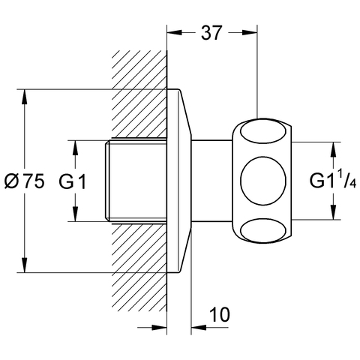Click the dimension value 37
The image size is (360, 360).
(211, 33)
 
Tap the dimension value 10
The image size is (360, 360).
(220, 314)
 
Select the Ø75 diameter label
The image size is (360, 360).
(25, 181)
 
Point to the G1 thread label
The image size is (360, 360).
(73, 181)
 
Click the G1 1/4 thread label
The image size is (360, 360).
(333, 181)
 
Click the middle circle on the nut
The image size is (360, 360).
(263, 181)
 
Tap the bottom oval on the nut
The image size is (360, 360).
(263, 230)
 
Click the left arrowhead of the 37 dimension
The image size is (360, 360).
(175, 32)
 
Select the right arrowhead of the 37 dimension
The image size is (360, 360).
(250, 32)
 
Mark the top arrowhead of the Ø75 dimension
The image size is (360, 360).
(24, 97)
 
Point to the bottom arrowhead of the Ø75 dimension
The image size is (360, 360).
(24, 265)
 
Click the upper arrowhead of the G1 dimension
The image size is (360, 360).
(75, 148)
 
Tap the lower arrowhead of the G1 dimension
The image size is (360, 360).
(75, 214)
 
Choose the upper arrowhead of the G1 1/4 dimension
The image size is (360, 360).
(333, 149)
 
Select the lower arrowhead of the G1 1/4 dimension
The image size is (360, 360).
(333, 212)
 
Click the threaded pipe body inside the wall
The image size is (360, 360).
(136, 181)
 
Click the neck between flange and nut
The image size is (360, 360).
(211, 181)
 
